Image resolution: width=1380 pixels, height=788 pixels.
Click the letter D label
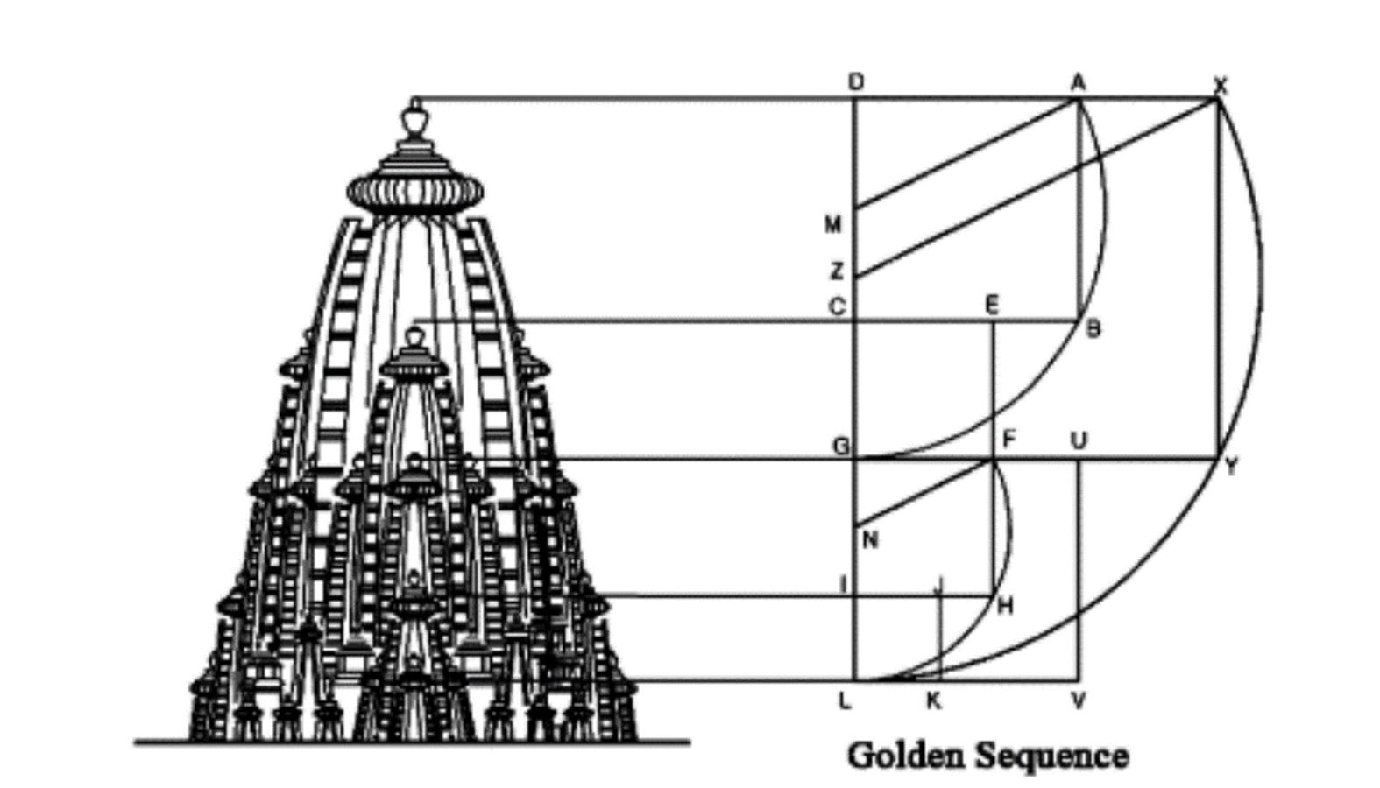(856, 82)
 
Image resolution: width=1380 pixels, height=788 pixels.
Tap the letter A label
(1078, 82)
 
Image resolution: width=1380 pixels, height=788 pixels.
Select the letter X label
(1221, 86)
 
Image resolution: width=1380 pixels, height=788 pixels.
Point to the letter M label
(833, 225)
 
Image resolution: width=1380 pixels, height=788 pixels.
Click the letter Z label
(836, 271)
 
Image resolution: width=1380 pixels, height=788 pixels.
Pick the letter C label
(837, 306)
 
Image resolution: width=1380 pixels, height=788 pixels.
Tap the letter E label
(992, 305)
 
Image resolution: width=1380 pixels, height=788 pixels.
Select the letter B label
(1093, 329)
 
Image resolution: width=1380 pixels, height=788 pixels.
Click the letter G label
(841, 447)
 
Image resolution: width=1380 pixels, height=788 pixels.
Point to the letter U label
(1079, 440)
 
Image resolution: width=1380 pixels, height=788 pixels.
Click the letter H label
(1006, 607)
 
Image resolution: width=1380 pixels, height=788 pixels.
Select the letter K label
(934, 700)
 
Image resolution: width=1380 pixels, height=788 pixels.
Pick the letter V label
(1078, 700)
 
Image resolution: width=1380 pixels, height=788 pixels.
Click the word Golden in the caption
(906, 756)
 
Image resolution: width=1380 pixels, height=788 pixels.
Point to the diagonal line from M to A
(966, 154)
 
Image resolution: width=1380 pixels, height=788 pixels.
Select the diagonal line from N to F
(924, 492)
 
